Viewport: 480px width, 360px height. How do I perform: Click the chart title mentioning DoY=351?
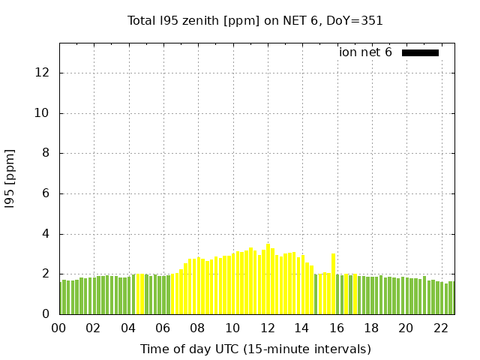click(255, 20)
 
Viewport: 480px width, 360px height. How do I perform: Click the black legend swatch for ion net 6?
click(420, 52)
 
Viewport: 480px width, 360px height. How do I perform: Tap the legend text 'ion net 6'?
click(365, 52)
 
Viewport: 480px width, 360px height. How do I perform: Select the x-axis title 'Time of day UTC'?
click(255, 349)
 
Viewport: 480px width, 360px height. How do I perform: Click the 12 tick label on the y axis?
click(43, 73)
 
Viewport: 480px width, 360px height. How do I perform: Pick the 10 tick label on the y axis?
click(43, 113)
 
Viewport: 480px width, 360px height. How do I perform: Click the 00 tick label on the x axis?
click(59, 328)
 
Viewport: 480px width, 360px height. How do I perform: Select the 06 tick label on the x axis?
click(163, 328)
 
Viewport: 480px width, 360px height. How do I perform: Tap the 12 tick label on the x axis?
click(267, 328)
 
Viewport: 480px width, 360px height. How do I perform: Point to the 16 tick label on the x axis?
click(336, 328)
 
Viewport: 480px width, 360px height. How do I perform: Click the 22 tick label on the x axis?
click(440, 328)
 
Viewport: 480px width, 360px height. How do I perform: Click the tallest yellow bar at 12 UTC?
click(268, 279)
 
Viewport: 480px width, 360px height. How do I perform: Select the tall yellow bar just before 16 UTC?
click(333, 283)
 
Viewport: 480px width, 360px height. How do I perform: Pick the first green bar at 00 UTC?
click(61, 298)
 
